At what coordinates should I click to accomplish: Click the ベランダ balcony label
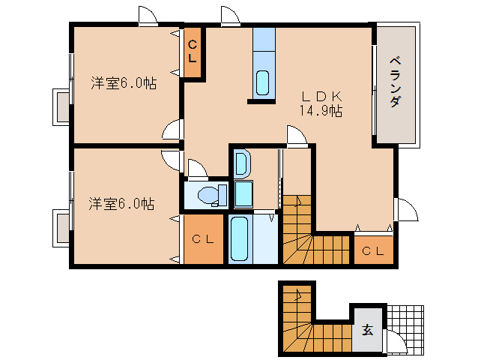coord(394,83)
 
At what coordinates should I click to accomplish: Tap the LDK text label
coord(321,96)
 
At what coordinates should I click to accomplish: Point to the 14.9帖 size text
coord(321,111)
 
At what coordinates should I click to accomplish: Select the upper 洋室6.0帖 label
coord(124,82)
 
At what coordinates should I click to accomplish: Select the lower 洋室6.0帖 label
coord(121,203)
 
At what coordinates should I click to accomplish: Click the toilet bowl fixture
coord(209,195)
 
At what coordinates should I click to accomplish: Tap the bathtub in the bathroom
coord(240,239)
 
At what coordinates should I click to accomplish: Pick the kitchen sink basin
coord(263,82)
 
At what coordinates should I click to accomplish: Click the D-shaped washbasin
coord(242,162)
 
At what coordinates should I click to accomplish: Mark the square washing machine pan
coord(243,194)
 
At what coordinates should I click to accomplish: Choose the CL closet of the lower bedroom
coord(203,240)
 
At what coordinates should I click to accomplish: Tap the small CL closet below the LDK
coord(372,250)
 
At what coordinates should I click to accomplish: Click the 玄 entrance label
coord(367,329)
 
